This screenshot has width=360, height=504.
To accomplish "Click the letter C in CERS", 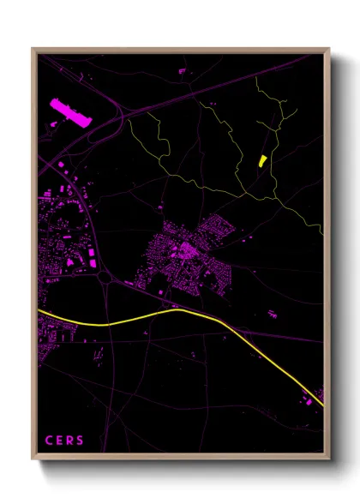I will click(49, 441).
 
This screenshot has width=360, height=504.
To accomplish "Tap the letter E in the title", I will click(60, 441).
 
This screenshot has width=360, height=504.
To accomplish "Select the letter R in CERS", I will click(70, 441).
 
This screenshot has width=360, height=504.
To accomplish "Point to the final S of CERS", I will click(81, 441).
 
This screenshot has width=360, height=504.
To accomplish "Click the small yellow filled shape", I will click(261, 160).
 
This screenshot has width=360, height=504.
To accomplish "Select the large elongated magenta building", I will click(71, 113).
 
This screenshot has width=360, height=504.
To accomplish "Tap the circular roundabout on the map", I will click(106, 278).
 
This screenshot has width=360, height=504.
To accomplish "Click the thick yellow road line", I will click(171, 313).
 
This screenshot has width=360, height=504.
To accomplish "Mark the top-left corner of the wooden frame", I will click(33, 49).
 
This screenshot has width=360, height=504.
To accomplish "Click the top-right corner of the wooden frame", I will click(329, 49).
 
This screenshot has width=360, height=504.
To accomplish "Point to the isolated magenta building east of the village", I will click(273, 315).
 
